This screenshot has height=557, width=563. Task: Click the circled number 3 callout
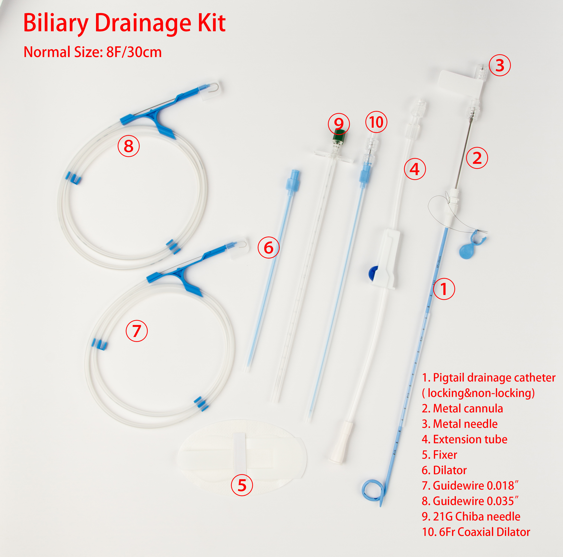tap(500, 65)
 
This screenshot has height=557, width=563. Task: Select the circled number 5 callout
tap(242, 485)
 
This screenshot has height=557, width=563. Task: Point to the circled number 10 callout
tap(376, 122)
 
